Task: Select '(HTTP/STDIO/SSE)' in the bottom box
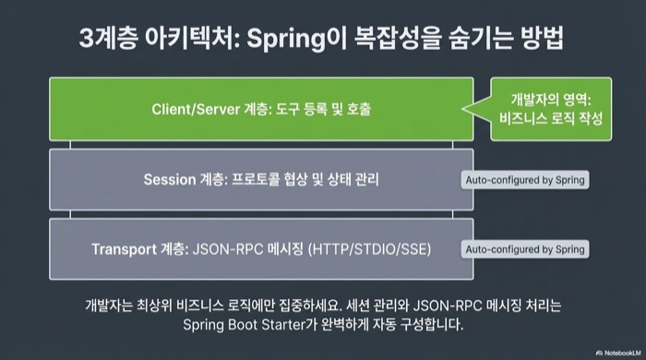370,248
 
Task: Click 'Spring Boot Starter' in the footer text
242,325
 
